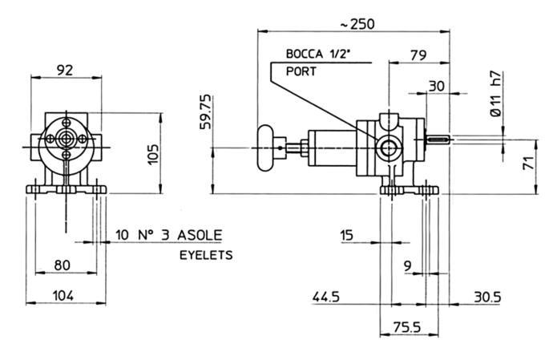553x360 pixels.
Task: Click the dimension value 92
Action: pyautogui.click(x=66, y=70)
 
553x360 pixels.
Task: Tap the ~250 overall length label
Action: pyautogui.click(x=356, y=24)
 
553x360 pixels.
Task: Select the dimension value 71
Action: pyautogui.click(x=528, y=165)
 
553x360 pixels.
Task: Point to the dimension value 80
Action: pyautogui.click(x=67, y=265)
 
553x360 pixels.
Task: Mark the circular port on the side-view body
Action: pyautogui.click(x=390, y=148)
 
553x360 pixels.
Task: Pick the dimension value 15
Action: pyautogui.click(x=346, y=235)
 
